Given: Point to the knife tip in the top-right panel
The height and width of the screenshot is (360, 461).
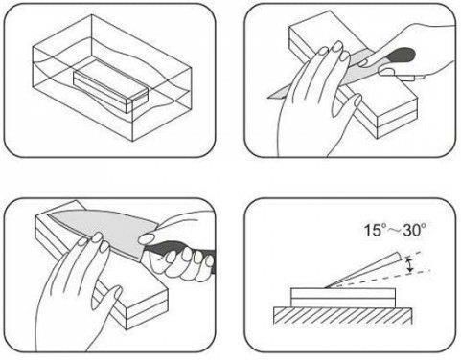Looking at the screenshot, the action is click(x=268, y=97).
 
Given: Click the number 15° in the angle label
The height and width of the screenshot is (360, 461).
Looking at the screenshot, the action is click(x=376, y=230).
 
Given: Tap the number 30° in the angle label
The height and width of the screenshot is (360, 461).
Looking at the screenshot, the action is click(x=414, y=230).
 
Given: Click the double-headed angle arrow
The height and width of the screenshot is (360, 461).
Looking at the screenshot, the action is click(x=410, y=265).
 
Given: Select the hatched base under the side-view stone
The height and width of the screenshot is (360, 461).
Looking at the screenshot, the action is click(x=343, y=316).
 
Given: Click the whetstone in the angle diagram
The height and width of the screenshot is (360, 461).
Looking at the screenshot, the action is click(x=343, y=298).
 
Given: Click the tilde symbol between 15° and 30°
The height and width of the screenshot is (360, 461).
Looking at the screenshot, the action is click(x=395, y=231).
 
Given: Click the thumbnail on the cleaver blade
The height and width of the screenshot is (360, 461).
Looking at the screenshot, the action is click(x=147, y=237).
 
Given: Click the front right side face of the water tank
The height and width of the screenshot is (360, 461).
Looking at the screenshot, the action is click(x=162, y=104).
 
